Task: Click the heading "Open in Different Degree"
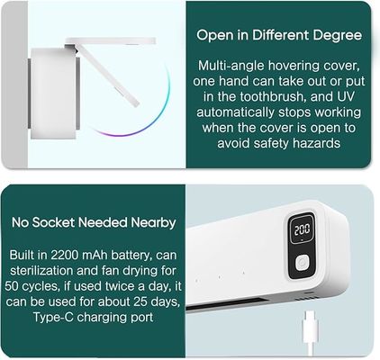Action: [x=279, y=35]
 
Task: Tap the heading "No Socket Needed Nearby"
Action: [x=94, y=222]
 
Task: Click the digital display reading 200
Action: [x=302, y=229]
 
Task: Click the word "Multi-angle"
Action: [x=231, y=66]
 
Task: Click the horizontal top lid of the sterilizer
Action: [x=111, y=40]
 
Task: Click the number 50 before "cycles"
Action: [x=13, y=286]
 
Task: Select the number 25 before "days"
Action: [x=140, y=301]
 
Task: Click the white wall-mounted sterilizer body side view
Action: [x=53, y=94]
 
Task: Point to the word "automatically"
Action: [x=236, y=112]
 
